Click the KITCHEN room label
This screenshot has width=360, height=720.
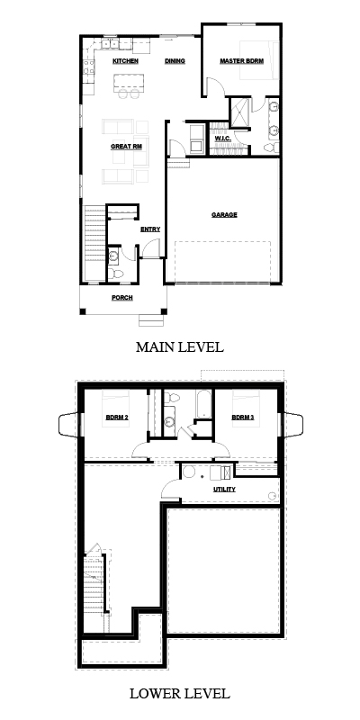[x=125, y=61]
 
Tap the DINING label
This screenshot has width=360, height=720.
[x=175, y=61]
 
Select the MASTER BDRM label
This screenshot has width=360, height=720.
[x=241, y=61]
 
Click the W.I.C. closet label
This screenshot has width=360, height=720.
[x=222, y=139]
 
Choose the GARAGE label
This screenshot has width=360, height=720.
[x=224, y=214]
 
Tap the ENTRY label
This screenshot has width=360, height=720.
[x=150, y=229]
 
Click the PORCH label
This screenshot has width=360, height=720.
[x=122, y=298]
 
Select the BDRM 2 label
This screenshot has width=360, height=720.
[x=117, y=418]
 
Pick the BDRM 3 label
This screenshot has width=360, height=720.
[x=242, y=418]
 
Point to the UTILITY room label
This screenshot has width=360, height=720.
[x=224, y=490]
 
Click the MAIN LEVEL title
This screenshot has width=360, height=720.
[x=179, y=347]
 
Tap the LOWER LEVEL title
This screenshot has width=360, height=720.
[x=179, y=693]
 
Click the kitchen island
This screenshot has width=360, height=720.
[x=129, y=82]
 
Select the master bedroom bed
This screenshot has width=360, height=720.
[x=259, y=60]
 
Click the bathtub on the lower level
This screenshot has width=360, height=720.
[x=203, y=404]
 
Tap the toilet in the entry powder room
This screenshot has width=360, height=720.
[x=117, y=274]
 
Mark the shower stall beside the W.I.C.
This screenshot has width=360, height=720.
[x=239, y=112]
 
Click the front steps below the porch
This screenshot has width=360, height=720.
[x=151, y=320]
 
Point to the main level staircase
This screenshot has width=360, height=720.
[x=95, y=243]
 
